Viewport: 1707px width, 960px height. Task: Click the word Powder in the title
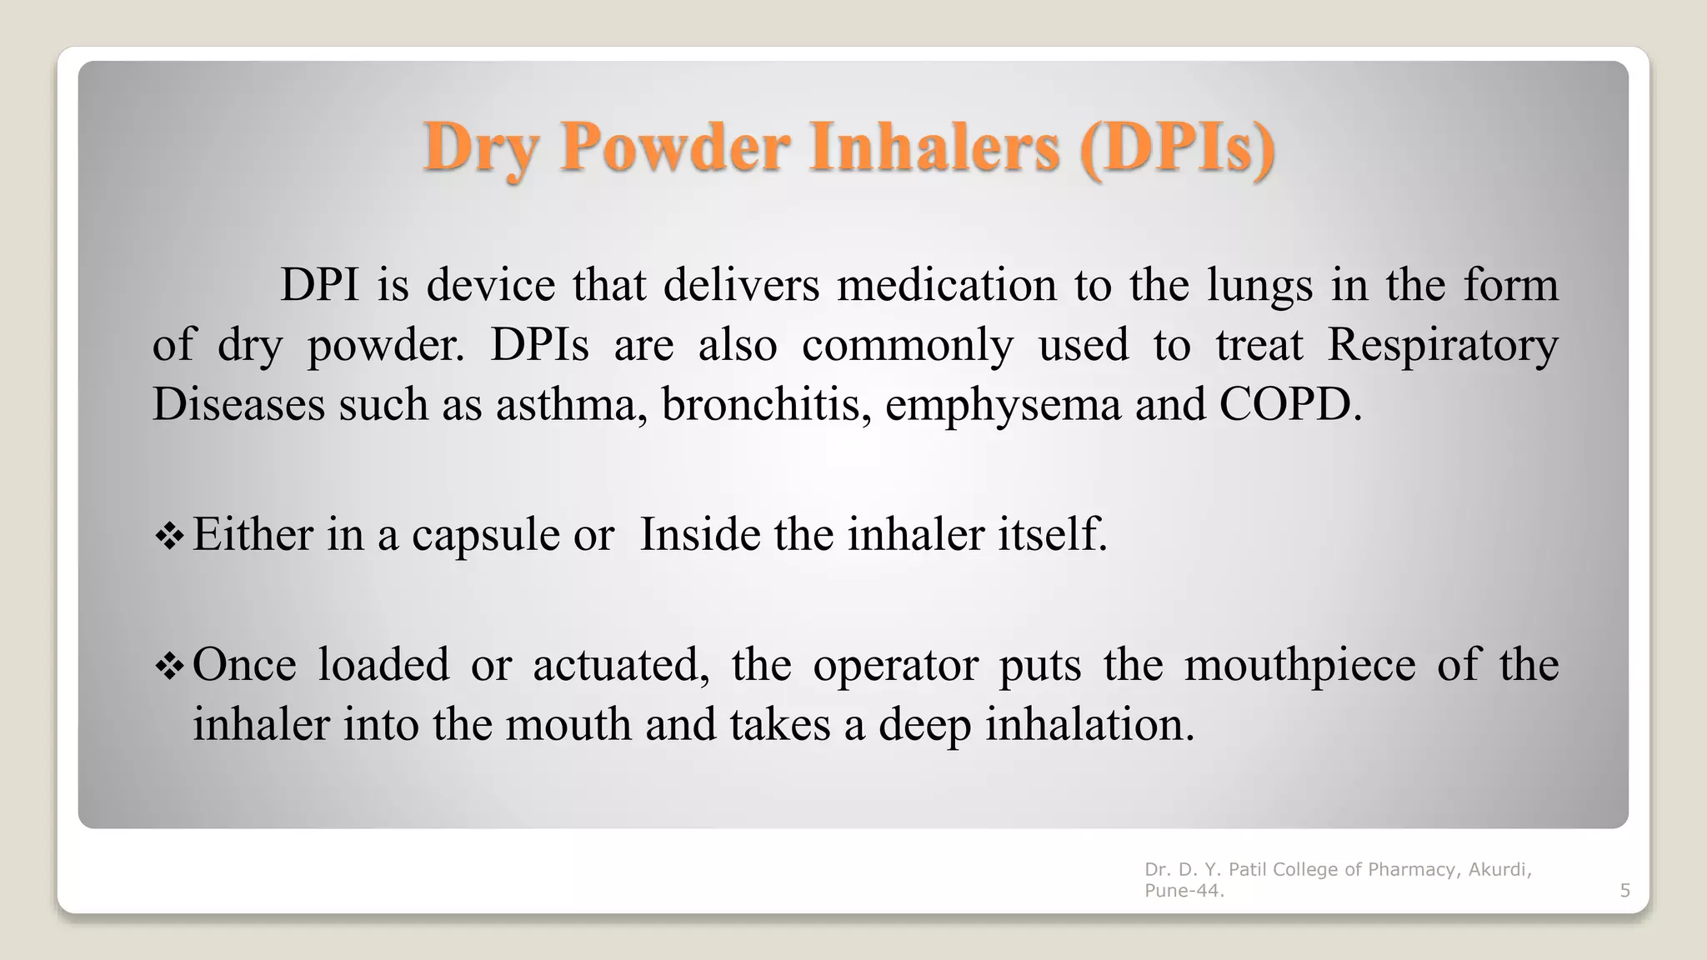673,147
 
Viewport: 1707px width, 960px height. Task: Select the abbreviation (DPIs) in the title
1177,148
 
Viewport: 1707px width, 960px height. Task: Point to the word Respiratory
1442,345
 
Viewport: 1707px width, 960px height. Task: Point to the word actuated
620,665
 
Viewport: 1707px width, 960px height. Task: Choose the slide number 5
1624,891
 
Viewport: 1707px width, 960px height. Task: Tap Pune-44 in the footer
1182,891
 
